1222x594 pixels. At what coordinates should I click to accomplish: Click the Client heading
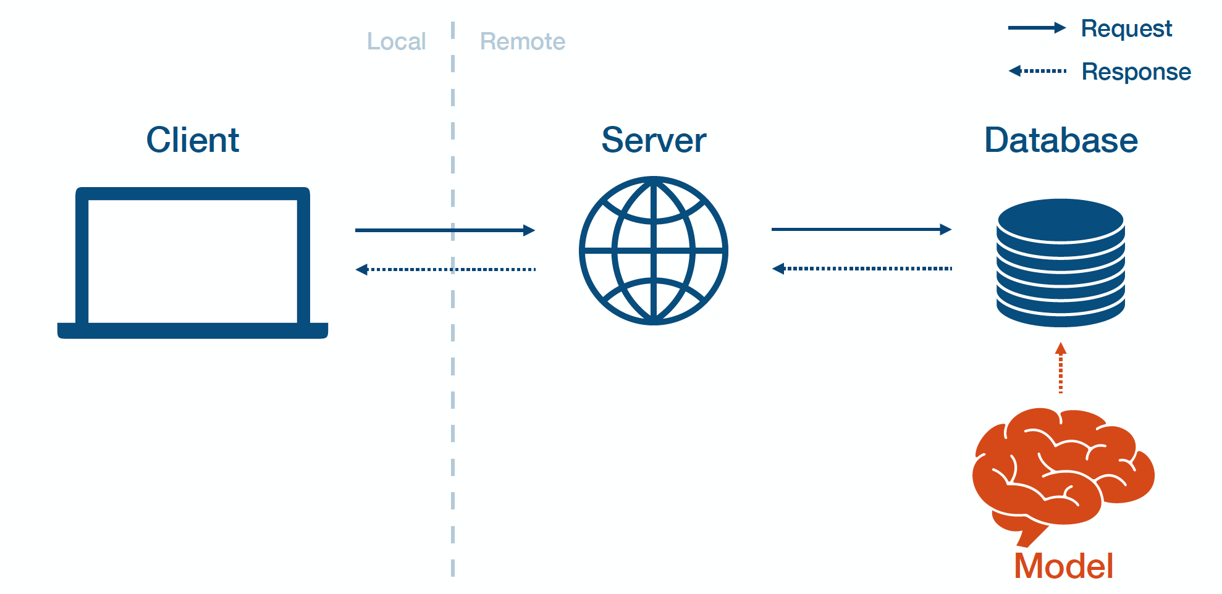[x=192, y=140]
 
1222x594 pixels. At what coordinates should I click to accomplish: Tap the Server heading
[x=654, y=140]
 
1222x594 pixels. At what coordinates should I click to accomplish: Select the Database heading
[x=1061, y=140]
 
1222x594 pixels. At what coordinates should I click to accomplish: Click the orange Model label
[x=1063, y=566]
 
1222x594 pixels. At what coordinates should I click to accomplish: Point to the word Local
[x=396, y=41]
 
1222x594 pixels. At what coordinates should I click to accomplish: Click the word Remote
[x=523, y=41]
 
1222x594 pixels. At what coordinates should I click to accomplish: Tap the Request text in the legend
[x=1126, y=28]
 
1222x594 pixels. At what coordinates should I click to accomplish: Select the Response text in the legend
[x=1136, y=72]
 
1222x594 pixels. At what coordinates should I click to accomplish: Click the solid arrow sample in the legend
[x=1037, y=28]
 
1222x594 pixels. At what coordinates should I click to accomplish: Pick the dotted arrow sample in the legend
[x=1038, y=71]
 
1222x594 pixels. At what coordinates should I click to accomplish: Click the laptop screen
[x=192, y=261]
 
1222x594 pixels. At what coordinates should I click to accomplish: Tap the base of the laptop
[x=192, y=330]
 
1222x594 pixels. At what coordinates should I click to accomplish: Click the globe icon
[x=654, y=251]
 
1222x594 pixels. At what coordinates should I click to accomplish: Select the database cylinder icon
[x=1060, y=263]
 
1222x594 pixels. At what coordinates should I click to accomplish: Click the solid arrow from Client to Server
[x=445, y=230]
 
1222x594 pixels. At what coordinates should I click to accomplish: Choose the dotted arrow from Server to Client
[x=445, y=269]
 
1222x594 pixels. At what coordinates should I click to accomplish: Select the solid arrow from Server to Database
[x=861, y=229]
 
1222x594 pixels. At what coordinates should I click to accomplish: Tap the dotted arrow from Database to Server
[x=861, y=269]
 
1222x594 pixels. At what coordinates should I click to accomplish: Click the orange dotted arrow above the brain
[x=1061, y=369]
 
